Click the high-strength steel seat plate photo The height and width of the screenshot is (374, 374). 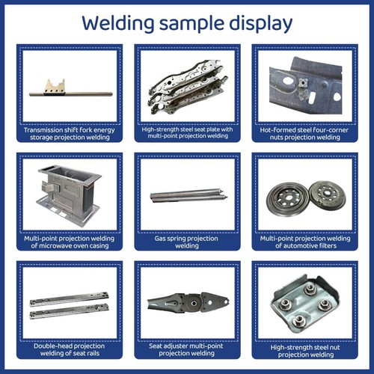coord(187,85)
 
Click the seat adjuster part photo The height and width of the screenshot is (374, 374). coord(187,302)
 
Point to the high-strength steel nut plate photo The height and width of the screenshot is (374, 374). coord(304,303)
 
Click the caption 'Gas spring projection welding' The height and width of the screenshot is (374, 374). coord(187,241)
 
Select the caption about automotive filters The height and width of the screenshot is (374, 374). coord(304,241)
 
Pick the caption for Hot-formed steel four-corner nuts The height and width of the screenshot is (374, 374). coord(304,134)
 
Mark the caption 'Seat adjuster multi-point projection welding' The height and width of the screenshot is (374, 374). coord(187,350)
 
